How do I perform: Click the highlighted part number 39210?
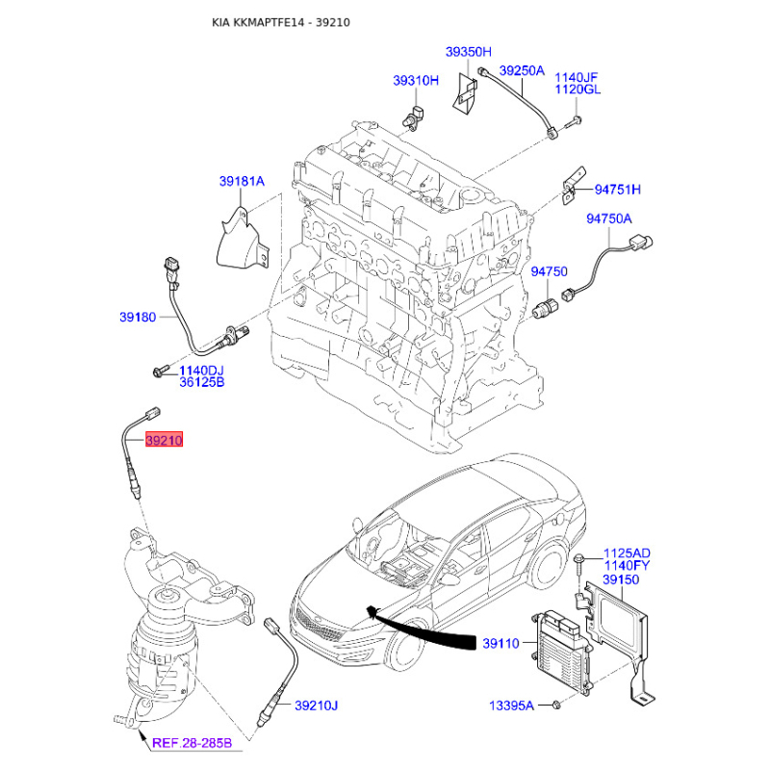click(163, 441)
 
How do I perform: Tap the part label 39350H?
click(468, 51)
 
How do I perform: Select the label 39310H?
click(415, 81)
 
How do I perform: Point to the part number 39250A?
click(522, 71)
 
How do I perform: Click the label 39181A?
click(241, 181)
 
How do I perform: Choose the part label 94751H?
click(617, 190)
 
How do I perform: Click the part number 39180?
click(138, 317)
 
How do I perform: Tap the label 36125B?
click(201, 383)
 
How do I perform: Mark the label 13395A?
click(509, 706)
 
